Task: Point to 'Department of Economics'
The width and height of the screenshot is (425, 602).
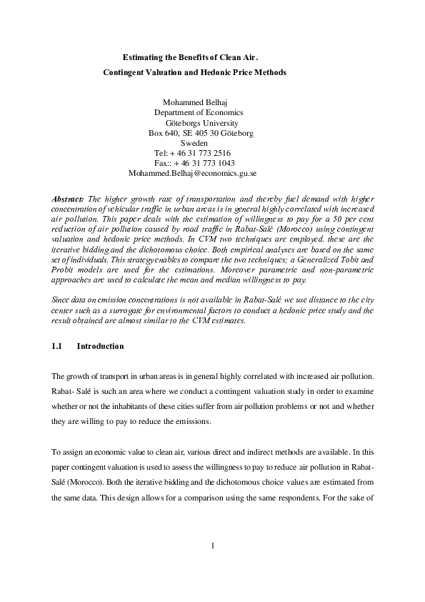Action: [199, 112]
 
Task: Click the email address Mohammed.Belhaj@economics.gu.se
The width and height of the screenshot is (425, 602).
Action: [192, 173]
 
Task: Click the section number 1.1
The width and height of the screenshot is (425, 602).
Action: [58, 346]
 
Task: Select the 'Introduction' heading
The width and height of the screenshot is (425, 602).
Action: [100, 346]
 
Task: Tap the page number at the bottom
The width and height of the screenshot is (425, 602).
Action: [213, 547]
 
